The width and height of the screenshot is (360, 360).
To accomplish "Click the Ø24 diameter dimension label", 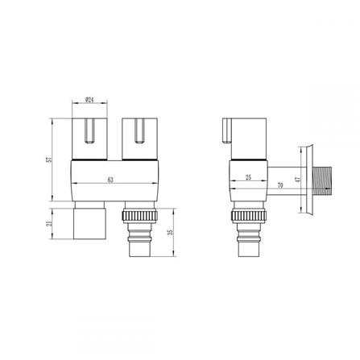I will coord(92,101).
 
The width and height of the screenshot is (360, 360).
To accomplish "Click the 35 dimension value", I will coord(168,234).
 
